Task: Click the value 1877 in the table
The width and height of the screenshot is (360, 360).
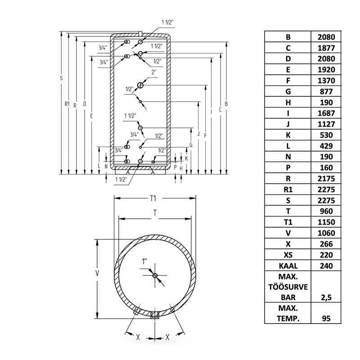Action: coord(326,48)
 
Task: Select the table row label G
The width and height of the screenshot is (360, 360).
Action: coord(288,92)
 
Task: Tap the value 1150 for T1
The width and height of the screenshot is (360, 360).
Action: coord(326,222)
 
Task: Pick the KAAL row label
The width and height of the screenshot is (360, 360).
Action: coord(288,266)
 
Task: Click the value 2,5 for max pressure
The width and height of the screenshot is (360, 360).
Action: coord(326,297)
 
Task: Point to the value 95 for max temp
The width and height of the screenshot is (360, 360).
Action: coord(326,319)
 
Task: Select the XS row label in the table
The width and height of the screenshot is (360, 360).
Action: coord(288,255)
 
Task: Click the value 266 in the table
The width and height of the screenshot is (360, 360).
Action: coord(326,244)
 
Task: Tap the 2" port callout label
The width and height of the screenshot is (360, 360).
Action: coord(154,72)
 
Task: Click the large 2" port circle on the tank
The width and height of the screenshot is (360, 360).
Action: coord(140,85)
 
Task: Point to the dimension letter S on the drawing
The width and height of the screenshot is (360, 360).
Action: coord(61,78)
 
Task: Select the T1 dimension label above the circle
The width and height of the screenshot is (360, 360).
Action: coord(153,198)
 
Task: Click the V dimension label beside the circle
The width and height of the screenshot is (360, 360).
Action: coord(97,273)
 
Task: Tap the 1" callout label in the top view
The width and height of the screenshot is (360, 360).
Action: coord(144,261)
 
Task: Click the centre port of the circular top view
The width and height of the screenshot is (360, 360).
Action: coord(155,275)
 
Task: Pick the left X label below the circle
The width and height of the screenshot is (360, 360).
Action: coord(138,337)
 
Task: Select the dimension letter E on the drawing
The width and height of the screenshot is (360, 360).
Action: coord(91,116)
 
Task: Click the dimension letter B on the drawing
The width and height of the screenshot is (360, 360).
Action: coord(226,104)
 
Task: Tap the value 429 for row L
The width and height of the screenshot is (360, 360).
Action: coord(326,146)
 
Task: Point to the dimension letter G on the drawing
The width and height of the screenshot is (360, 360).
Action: coord(191,145)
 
